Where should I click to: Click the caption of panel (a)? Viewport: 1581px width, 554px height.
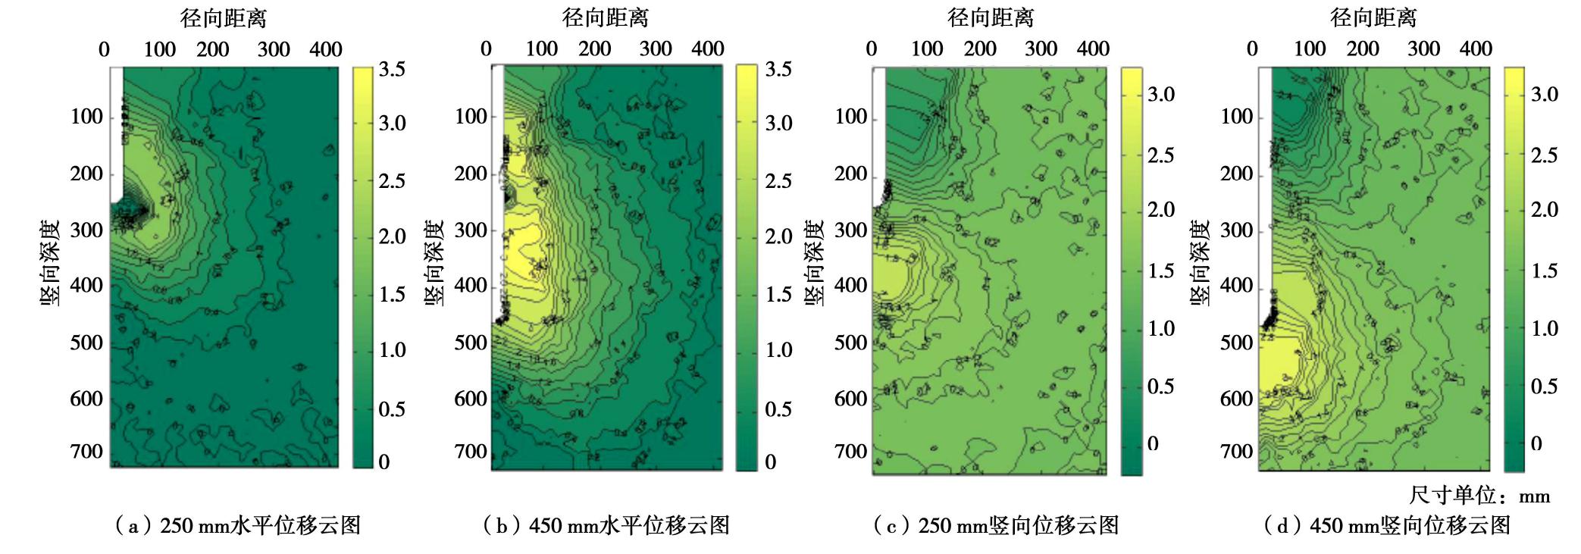tap(237, 525)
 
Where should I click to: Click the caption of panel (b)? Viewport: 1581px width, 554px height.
tap(606, 525)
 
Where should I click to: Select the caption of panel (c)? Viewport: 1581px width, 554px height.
tap(996, 525)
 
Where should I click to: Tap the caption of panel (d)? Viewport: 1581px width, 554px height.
tap(1387, 525)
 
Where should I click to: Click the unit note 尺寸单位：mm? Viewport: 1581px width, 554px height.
tap(1479, 496)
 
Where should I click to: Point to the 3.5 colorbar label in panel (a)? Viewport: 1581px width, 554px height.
tap(392, 69)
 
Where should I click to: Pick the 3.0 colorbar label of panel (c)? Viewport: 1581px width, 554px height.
tap(1160, 95)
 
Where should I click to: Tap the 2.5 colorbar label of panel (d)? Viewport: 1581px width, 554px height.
tap(1544, 155)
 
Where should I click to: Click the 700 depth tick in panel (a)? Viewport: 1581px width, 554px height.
tap(86, 452)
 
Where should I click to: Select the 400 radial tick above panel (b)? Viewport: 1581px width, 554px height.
tap(708, 49)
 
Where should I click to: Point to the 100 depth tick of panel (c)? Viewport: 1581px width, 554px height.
tap(851, 117)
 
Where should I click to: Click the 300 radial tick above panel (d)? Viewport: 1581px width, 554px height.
tap(1423, 49)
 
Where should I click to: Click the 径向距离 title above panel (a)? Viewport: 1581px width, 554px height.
tap(224, 17)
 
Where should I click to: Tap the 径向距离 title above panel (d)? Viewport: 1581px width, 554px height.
tap(1373, 17)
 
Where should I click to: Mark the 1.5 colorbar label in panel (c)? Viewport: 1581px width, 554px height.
tap(1160, 271)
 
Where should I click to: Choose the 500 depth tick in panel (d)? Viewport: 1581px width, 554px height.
tap(1236, 343)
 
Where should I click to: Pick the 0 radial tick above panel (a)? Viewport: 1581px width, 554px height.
tap(105, 49)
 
